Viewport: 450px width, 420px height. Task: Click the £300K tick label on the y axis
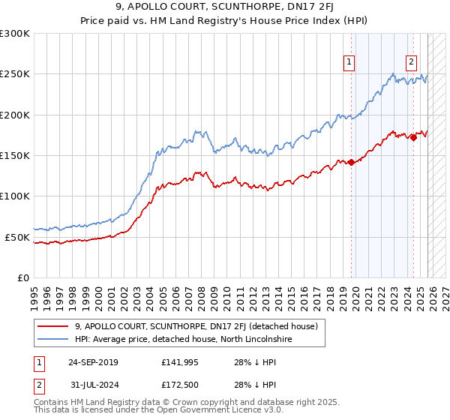(x=15, y=34)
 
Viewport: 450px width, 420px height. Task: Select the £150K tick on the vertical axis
(x=15, y=156)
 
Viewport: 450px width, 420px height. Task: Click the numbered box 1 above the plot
(x=350, y=63)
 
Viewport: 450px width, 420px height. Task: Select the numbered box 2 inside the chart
(x=412, y=63)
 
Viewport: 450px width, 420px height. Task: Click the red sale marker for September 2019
(x=351, y=162)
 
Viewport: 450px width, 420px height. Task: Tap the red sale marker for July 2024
(x=413, y=137)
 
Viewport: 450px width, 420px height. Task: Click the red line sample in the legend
(x=54, y=326)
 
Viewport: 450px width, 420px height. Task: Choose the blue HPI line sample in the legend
(x=54, y=340)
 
